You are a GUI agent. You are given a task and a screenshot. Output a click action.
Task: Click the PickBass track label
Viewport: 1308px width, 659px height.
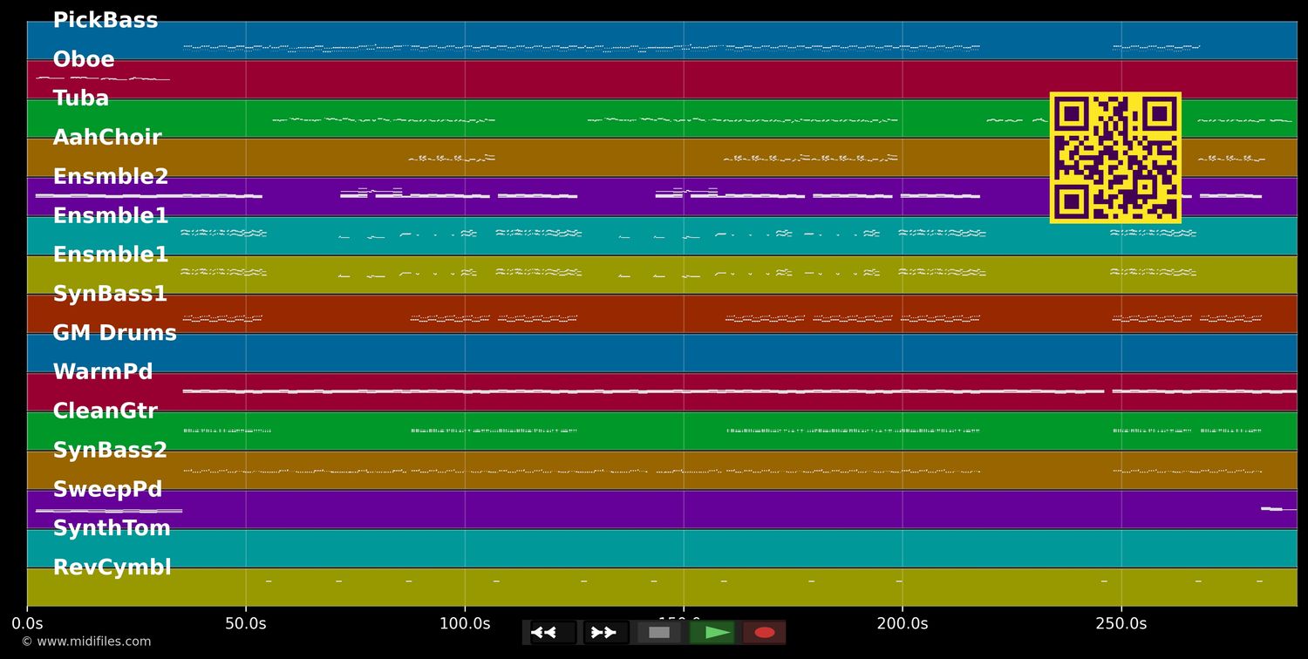click(106, 20)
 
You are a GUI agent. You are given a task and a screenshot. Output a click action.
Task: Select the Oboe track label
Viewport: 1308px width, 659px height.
click(84, 59)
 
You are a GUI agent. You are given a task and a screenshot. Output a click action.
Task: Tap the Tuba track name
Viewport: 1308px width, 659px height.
click(81, 99)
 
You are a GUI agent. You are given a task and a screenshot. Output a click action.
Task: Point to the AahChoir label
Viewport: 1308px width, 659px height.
click(107, 138)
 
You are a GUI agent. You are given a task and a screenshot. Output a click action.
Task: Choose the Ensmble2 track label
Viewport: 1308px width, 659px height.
click(111, 177)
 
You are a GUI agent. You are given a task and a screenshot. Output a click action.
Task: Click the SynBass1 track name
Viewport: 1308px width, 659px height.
click(110, 294)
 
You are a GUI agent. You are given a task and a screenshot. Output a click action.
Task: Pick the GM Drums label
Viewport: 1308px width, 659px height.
click(114, 333)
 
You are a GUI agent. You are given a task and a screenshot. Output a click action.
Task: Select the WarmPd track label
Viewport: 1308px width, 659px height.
click(103, 372)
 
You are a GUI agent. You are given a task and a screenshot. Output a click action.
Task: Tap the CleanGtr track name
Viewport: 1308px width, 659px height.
click(106, 411)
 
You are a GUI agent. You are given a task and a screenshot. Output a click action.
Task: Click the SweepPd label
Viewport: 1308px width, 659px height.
click(107, 490)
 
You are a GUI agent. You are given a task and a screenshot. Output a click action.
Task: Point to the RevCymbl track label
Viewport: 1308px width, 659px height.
click(112, 568)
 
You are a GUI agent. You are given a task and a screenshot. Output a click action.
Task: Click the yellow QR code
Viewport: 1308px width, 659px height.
click(1115, 158)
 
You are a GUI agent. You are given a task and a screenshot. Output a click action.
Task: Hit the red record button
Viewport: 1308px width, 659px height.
click(765, 633)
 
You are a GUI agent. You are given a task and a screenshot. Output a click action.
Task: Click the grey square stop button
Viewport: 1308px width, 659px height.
click(659, 633)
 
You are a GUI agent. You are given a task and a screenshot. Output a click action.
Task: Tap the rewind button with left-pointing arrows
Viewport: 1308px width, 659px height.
click(553, 633)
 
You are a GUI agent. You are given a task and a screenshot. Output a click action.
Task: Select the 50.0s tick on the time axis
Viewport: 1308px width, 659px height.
click(246, 623)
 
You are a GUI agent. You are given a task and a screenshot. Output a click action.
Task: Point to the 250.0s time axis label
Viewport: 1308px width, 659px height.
click(1121, 623)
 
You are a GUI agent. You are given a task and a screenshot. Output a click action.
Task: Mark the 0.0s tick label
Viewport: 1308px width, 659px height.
click(27, 623)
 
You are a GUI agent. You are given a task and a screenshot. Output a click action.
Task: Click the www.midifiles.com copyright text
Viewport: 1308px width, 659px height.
click(85, 642)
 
